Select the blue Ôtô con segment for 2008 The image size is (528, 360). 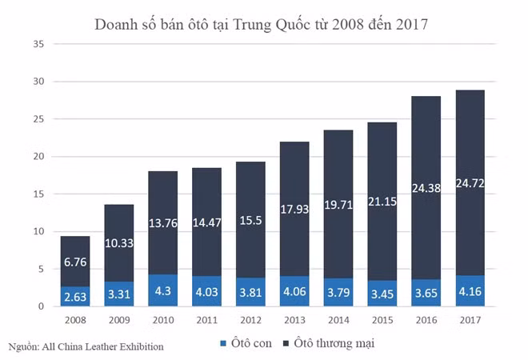[75, 297]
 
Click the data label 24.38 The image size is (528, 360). [426, 190]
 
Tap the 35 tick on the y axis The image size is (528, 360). [38, 44]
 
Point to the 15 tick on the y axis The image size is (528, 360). [38, 194]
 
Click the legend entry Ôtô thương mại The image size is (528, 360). [330, 343]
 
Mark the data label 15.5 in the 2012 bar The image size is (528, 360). [250, 219]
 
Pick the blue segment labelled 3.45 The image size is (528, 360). [382, 294]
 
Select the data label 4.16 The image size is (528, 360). [470, 292]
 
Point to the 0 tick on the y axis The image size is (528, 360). [40, 306]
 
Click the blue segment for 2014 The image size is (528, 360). [338, 293]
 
